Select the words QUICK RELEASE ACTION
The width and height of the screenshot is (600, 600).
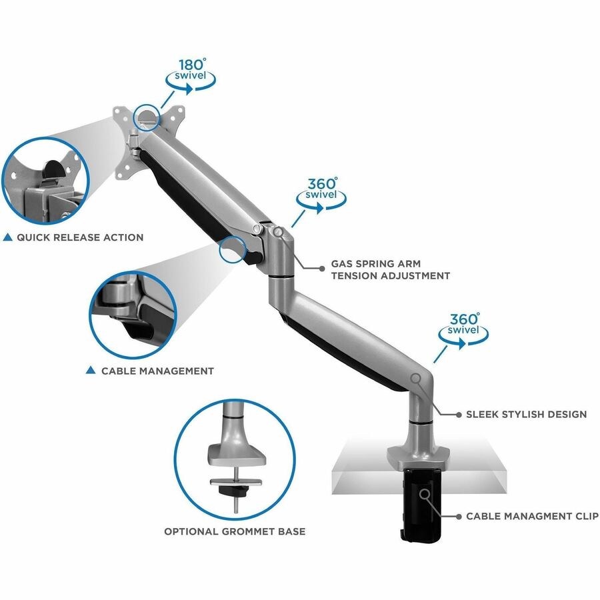(81, 237)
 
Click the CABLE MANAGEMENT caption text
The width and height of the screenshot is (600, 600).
(157, 371)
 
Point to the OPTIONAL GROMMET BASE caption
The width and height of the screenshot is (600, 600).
(235, 531)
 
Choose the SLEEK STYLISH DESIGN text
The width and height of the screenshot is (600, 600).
(527, 414)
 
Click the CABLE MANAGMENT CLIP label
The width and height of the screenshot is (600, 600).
(532, 516)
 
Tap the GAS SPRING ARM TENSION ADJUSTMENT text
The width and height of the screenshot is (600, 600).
(391, 269)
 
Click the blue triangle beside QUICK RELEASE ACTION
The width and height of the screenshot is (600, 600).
(7, 237)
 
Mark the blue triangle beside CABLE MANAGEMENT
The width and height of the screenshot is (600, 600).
(91, 370)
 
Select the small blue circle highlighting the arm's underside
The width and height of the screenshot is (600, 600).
(233, 249)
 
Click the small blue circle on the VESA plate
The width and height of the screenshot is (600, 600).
(146, 117)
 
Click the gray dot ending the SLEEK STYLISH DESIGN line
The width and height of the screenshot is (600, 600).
(459, 415)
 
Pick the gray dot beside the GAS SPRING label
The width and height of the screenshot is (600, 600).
(322, 269)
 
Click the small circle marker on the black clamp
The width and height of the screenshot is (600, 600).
(425, 494)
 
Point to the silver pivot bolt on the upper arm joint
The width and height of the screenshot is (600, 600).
(257, 229)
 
